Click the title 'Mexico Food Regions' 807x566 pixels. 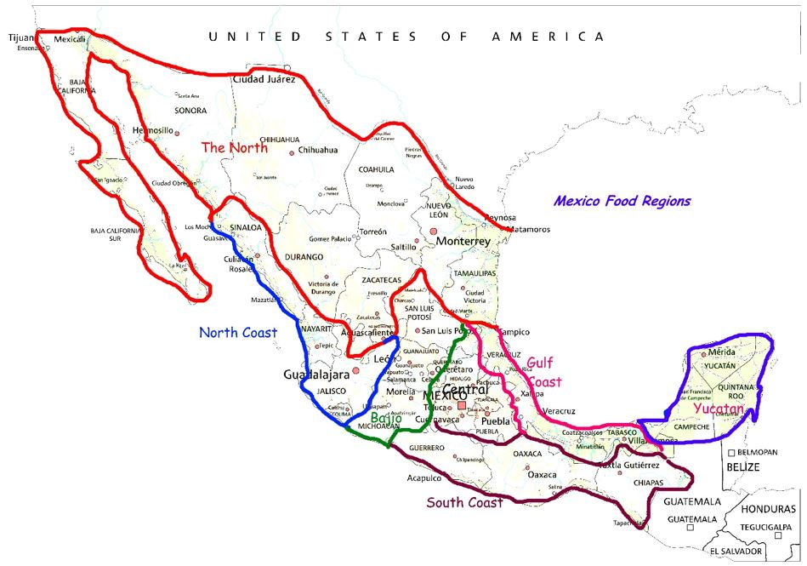(622, 202)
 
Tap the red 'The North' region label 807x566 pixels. (234, 147)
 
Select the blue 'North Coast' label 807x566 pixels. (238, 333)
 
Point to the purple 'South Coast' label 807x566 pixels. (464, 502)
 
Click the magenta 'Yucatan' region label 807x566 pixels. (719, 409)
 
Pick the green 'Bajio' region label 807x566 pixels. (386, 419)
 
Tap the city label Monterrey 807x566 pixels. (463, 242)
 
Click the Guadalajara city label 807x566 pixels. (316, 374)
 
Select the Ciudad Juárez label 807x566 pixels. (264, 79)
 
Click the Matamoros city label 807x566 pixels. (526, 230)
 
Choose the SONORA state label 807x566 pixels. (190, 111)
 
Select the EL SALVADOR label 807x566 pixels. (737, 552)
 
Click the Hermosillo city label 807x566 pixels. (153, 130)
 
